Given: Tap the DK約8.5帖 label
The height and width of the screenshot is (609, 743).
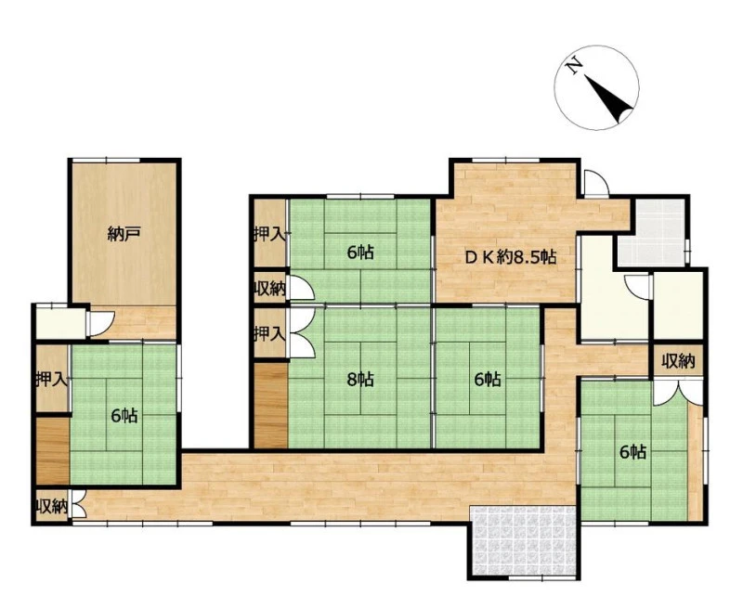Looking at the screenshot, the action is pyautogui.click(x=510, y=257).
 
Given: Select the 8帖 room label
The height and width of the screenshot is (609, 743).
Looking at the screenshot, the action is pyautogui.click(x=359, y=379).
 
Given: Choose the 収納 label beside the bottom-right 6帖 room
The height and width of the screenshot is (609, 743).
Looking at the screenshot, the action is pyautogui.click(x=678, y=362).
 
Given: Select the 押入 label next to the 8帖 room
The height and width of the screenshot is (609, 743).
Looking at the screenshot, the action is pyautogui.click(x=269, y=334).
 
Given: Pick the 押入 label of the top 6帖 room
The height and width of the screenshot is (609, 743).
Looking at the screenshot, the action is pyautogui.click(x=269, y=235).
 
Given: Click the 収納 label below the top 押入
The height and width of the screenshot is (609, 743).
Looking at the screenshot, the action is pyautogui.click(x=269, y=289).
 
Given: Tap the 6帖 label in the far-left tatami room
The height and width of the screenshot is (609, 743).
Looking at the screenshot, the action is pyautogui.click(x=124, y=416).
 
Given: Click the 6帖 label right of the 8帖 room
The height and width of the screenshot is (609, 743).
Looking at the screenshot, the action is pyautogui.click(x=488, y=379).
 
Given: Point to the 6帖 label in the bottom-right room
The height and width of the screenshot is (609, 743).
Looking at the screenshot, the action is pyautogui.click(x=633, y=452).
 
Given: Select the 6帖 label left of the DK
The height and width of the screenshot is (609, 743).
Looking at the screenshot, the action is pyautogui.click(x=360, y=253).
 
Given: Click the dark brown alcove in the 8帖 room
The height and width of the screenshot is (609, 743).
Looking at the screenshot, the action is pyautogui.click(x=271, y=406).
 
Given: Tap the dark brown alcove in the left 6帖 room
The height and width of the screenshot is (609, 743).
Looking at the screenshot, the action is pyautogui.click(x=53, y=450).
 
